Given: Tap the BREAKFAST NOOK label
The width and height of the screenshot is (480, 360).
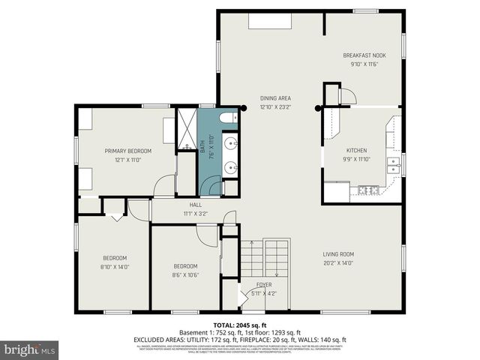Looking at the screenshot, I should pos(364,55).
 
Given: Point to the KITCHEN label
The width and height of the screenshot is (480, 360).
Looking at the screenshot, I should pos(356,151).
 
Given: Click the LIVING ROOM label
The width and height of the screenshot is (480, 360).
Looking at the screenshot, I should pos(338,254).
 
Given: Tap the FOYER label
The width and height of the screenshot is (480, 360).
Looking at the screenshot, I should pos(264,285).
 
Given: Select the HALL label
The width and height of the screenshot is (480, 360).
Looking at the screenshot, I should pos(195,205).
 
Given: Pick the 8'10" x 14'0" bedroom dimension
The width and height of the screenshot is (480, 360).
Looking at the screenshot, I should pos(115,266).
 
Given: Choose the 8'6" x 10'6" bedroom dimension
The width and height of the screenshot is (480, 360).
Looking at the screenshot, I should pos(185,274).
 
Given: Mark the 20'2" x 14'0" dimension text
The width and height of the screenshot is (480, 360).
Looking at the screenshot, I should pos(338,263).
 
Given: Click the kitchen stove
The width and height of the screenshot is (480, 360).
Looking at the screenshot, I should pos(368,190).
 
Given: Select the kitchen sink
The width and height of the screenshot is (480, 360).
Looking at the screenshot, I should pos(393,165).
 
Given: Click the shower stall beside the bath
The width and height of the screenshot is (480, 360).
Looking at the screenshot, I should pos(185,130).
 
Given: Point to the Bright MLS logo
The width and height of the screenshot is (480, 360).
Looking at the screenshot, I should pos(30,349).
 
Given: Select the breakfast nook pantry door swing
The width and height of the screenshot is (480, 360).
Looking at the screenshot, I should pos(347,96).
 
